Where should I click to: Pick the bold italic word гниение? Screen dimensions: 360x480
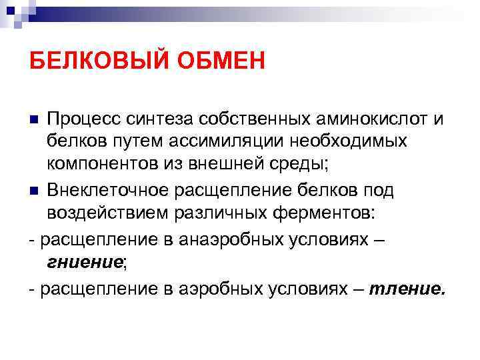(84, 263)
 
